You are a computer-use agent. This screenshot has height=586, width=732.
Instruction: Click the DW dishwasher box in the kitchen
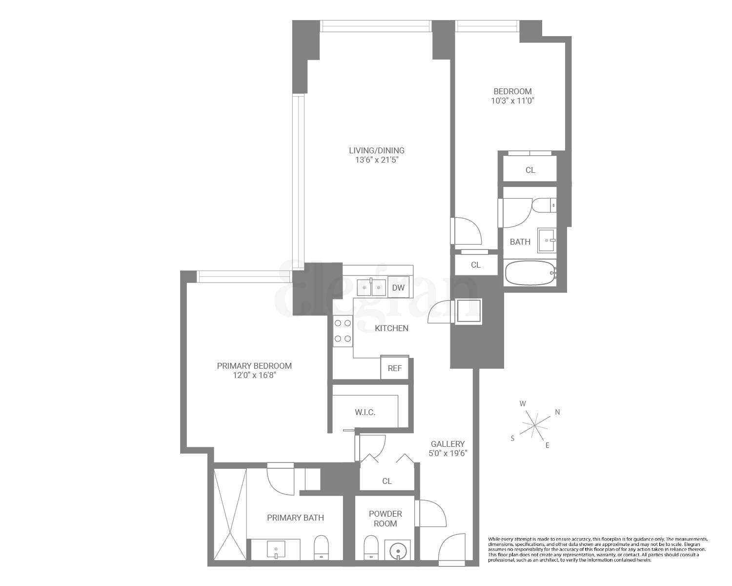point(398,288)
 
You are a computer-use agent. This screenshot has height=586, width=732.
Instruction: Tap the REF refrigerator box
point(394,368)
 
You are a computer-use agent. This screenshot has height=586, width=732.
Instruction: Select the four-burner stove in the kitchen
point(343,331)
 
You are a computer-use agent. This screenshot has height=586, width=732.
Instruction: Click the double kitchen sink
point(371,288)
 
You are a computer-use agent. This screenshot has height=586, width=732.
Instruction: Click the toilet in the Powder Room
point(371,547)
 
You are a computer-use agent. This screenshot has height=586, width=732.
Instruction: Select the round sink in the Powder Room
point(398,550)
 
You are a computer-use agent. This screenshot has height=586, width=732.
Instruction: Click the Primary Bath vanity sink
point(276,549)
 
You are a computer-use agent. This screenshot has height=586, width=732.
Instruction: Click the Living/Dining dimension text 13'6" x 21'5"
point(376,160)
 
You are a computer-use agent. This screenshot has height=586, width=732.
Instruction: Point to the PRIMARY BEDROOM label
point(254,366)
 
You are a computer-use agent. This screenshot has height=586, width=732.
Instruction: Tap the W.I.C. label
point(365,413)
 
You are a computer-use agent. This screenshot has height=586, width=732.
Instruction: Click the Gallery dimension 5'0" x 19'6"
point(448,453)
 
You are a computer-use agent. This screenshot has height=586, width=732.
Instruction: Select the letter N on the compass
point(557,412)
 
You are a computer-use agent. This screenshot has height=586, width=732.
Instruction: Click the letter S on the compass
point(512,439)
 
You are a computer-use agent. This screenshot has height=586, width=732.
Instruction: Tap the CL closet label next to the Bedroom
point(530,170)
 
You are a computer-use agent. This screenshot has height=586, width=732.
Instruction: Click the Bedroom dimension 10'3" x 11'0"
point(512,101)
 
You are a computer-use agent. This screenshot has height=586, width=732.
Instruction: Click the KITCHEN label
point(391,328)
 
